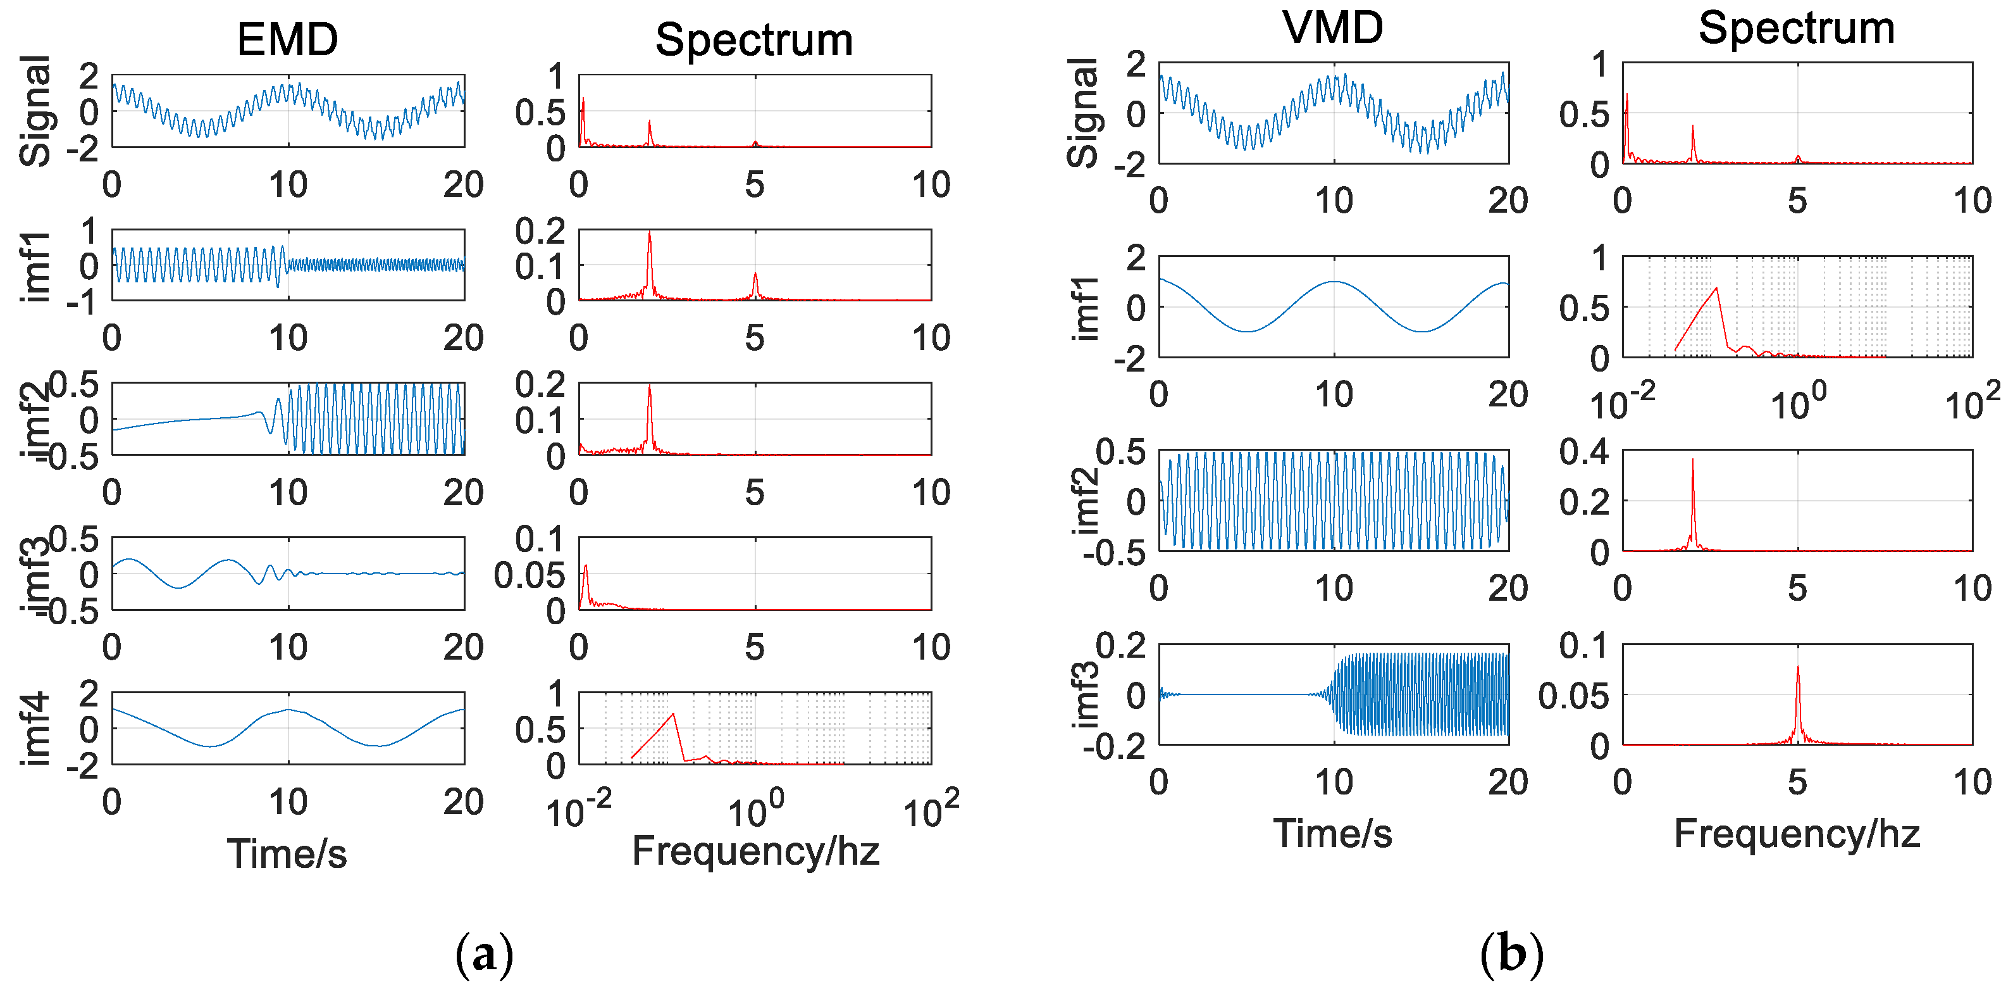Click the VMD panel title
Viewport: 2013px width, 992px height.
coord(1332,27)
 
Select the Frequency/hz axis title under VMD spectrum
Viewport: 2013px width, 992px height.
coord(1797,833)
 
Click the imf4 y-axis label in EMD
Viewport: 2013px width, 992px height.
coord(35,729)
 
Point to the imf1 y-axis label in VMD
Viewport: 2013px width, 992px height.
coord(1085,308)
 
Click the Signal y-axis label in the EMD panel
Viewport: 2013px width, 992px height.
coord(35,111)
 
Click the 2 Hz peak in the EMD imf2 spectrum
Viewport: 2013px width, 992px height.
coord(649,387)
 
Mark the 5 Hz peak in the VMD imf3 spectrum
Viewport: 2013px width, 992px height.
coord(1798,669)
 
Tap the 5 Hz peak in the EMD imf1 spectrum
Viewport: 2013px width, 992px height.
coord(755,274)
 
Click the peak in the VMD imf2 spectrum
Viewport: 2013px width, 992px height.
coord(1693,460)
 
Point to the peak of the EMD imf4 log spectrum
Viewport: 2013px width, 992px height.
coord(673,713)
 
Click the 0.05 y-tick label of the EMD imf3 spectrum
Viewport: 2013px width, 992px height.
coord(529,575)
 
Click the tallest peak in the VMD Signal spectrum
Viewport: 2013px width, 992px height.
coord(1627,96)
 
